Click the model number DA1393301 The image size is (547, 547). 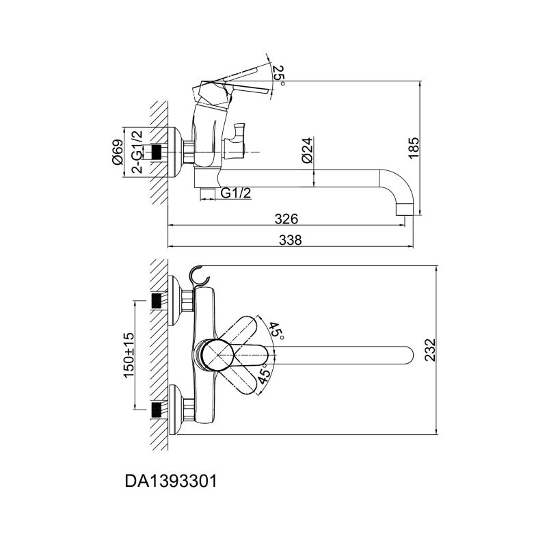point(171,482)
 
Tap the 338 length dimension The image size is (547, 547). point(290,240)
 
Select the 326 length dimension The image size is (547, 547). point(286,219)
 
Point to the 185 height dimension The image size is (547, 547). point(414,148)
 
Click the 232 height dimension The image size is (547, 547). point(430,350)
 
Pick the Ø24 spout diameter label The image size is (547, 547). point(307,150)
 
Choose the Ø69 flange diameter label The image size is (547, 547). point(118,152)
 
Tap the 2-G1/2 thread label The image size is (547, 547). point(137,152)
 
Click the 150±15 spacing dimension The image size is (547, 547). point(129,355)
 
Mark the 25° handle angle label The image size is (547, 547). point(278,74)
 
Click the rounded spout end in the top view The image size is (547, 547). point(408,355)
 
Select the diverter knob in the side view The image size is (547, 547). point(236,139)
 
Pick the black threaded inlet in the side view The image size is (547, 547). point(157,152)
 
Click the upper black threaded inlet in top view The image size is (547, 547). point(157,301)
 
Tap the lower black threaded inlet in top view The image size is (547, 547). point(157,410)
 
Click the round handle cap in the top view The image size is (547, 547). point(218,355)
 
